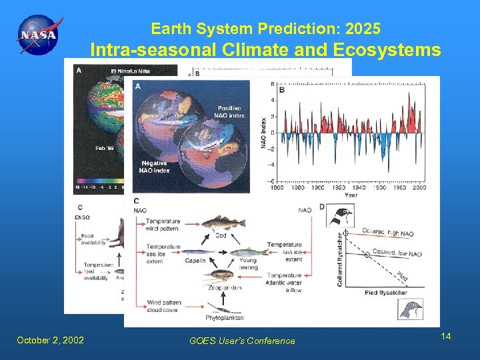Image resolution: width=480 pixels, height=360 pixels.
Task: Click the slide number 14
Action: point(446,336)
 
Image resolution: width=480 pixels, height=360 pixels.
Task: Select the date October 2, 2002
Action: point(51,340)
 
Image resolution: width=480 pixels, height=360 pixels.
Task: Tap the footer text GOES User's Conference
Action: point(242,341)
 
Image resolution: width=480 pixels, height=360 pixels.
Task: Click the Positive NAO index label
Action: point(231,111)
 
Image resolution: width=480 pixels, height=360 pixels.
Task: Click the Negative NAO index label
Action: point(155,166)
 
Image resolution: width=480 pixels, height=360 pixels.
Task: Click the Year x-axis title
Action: point(351,195)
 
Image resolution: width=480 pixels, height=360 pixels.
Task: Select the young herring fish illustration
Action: point(247,251)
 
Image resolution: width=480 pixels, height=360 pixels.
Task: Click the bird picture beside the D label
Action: point(344,215)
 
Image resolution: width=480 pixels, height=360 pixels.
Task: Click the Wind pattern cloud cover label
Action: point(164,306)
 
